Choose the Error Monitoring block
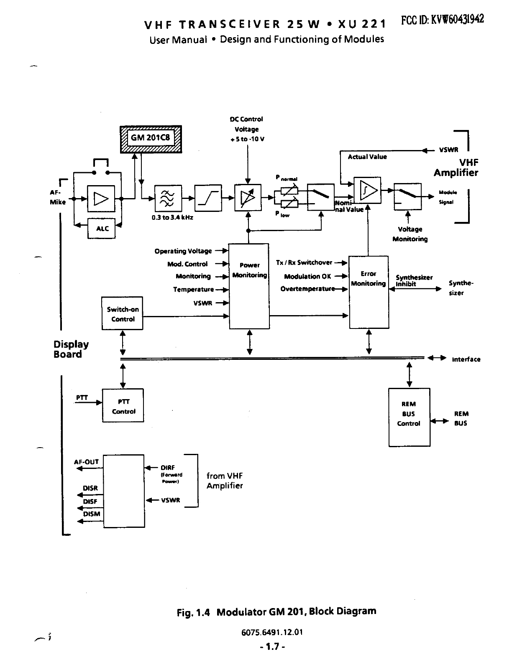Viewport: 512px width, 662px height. [x=369, y=292]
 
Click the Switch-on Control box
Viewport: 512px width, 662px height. [x=123, y=314]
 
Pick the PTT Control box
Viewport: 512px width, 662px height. [x=123, y=406]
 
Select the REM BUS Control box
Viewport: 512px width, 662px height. [x=409, y=417]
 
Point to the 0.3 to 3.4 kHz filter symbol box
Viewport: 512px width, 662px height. [x=168, y=199]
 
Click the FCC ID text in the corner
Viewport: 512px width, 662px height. [x=442, y=20]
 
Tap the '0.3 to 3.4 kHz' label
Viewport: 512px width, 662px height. [x=172, y=218]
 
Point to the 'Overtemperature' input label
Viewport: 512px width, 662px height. [x=307, y=289]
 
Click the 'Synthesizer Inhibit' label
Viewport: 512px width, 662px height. [x=413, y=280]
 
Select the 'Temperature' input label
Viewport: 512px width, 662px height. [x=193, y=289]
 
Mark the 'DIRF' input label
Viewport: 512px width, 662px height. [x=168, y=468]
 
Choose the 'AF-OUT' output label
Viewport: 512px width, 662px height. [x=86, y=462]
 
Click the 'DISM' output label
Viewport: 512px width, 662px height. [x=92, y=514]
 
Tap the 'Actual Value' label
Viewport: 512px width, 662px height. [x=367, y=157]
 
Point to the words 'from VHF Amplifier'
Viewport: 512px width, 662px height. [x=225, y=481]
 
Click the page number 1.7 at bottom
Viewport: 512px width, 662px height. [x=272, y=647]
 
